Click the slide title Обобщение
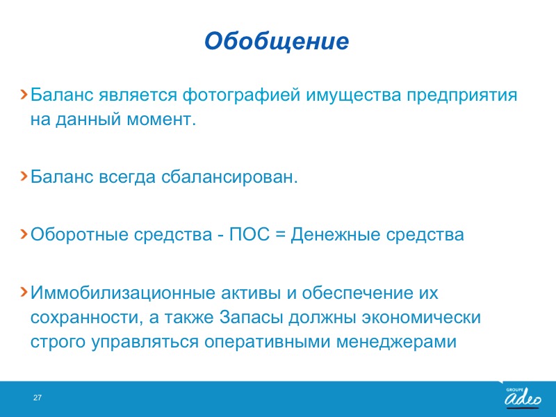tap(277, 41)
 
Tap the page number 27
tap(38, 398)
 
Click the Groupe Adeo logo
tap(523, 397)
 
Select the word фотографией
tap(241, 95)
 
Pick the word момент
tap(161, 120)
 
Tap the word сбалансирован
tap(229, 177)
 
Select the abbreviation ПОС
tap(250, 234)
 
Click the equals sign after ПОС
tap(280, 234)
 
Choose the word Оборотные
tap(79, 235)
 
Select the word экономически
tap(421, 318)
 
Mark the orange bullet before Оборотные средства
tap(24, 234)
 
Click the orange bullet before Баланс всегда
tap(24, 176)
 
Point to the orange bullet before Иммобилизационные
tap(24, 292)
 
